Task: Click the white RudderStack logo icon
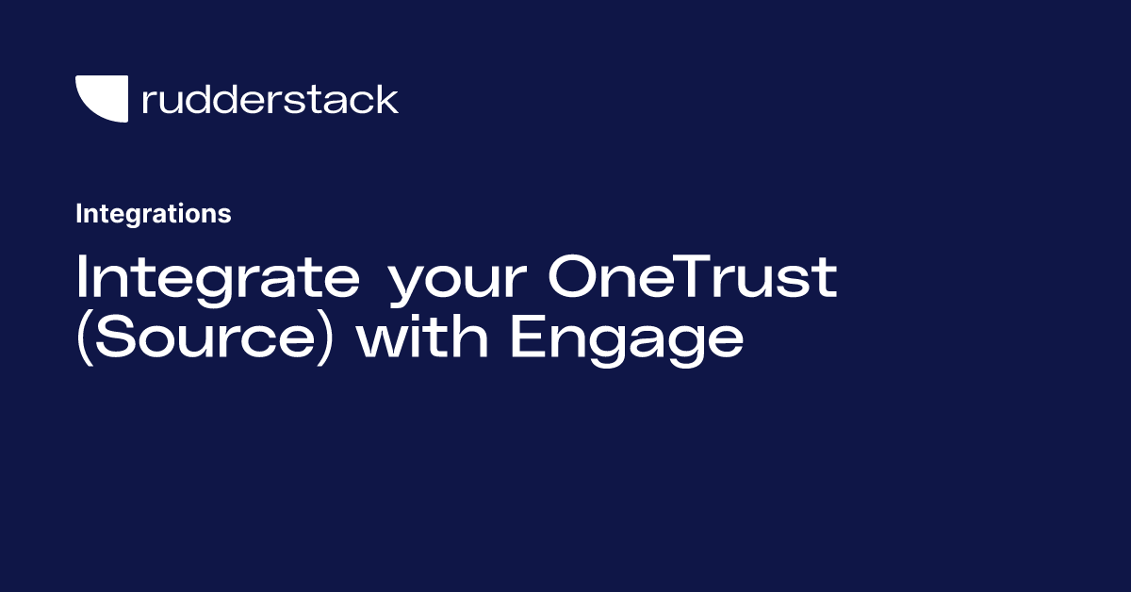(x=101, y=99)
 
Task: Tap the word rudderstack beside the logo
(x=270, y=99)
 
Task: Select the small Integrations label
(x=153, y=214)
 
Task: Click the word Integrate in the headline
(x=218, y=277)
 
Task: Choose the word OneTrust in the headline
(x=694, y=277)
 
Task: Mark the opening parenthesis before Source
(x=83, y=337)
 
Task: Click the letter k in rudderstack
(x=388, y=99)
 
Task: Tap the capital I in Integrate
(x=82, y=277)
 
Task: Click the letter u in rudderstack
(x=171, y=102)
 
